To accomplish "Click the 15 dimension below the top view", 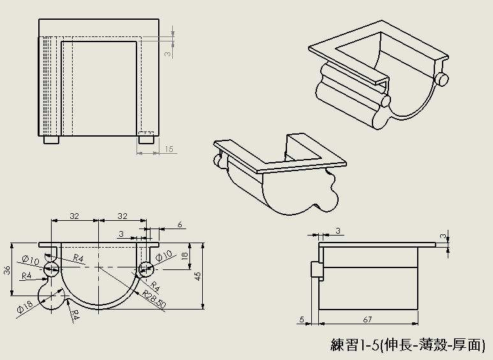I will [169, 149].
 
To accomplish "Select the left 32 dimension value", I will [74, 216].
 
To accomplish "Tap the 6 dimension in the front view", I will [180, 224].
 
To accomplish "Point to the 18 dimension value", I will [185, 255].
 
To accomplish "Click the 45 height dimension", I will [198, 276].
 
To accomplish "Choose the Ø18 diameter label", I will [25, 307].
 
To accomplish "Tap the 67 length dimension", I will [368, 319].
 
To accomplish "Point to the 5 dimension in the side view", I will [301, 319].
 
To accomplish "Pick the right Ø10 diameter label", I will [164, 255].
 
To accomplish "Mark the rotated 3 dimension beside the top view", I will [168, 54].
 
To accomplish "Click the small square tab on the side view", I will [316, 269].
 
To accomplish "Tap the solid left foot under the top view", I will [51, 139].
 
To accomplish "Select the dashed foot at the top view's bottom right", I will [146, 137].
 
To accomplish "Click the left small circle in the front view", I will [51, 269].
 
